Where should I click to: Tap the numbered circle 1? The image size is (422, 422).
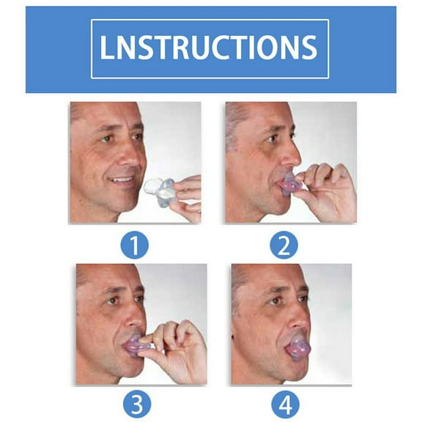click(134, 245)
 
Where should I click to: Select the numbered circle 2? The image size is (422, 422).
click(284, 245)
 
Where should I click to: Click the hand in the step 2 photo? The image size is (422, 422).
click(327, 192)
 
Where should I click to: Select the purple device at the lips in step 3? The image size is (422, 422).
click(136, 344)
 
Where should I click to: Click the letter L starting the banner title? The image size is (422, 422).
click(108, 48)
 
